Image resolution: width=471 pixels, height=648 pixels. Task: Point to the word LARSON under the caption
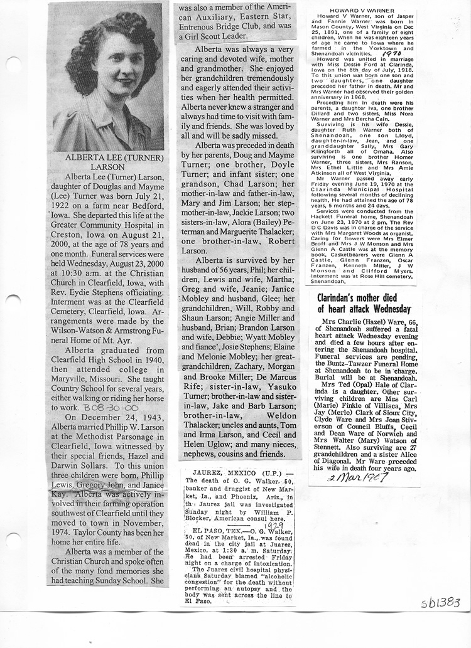tap(109, 167)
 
